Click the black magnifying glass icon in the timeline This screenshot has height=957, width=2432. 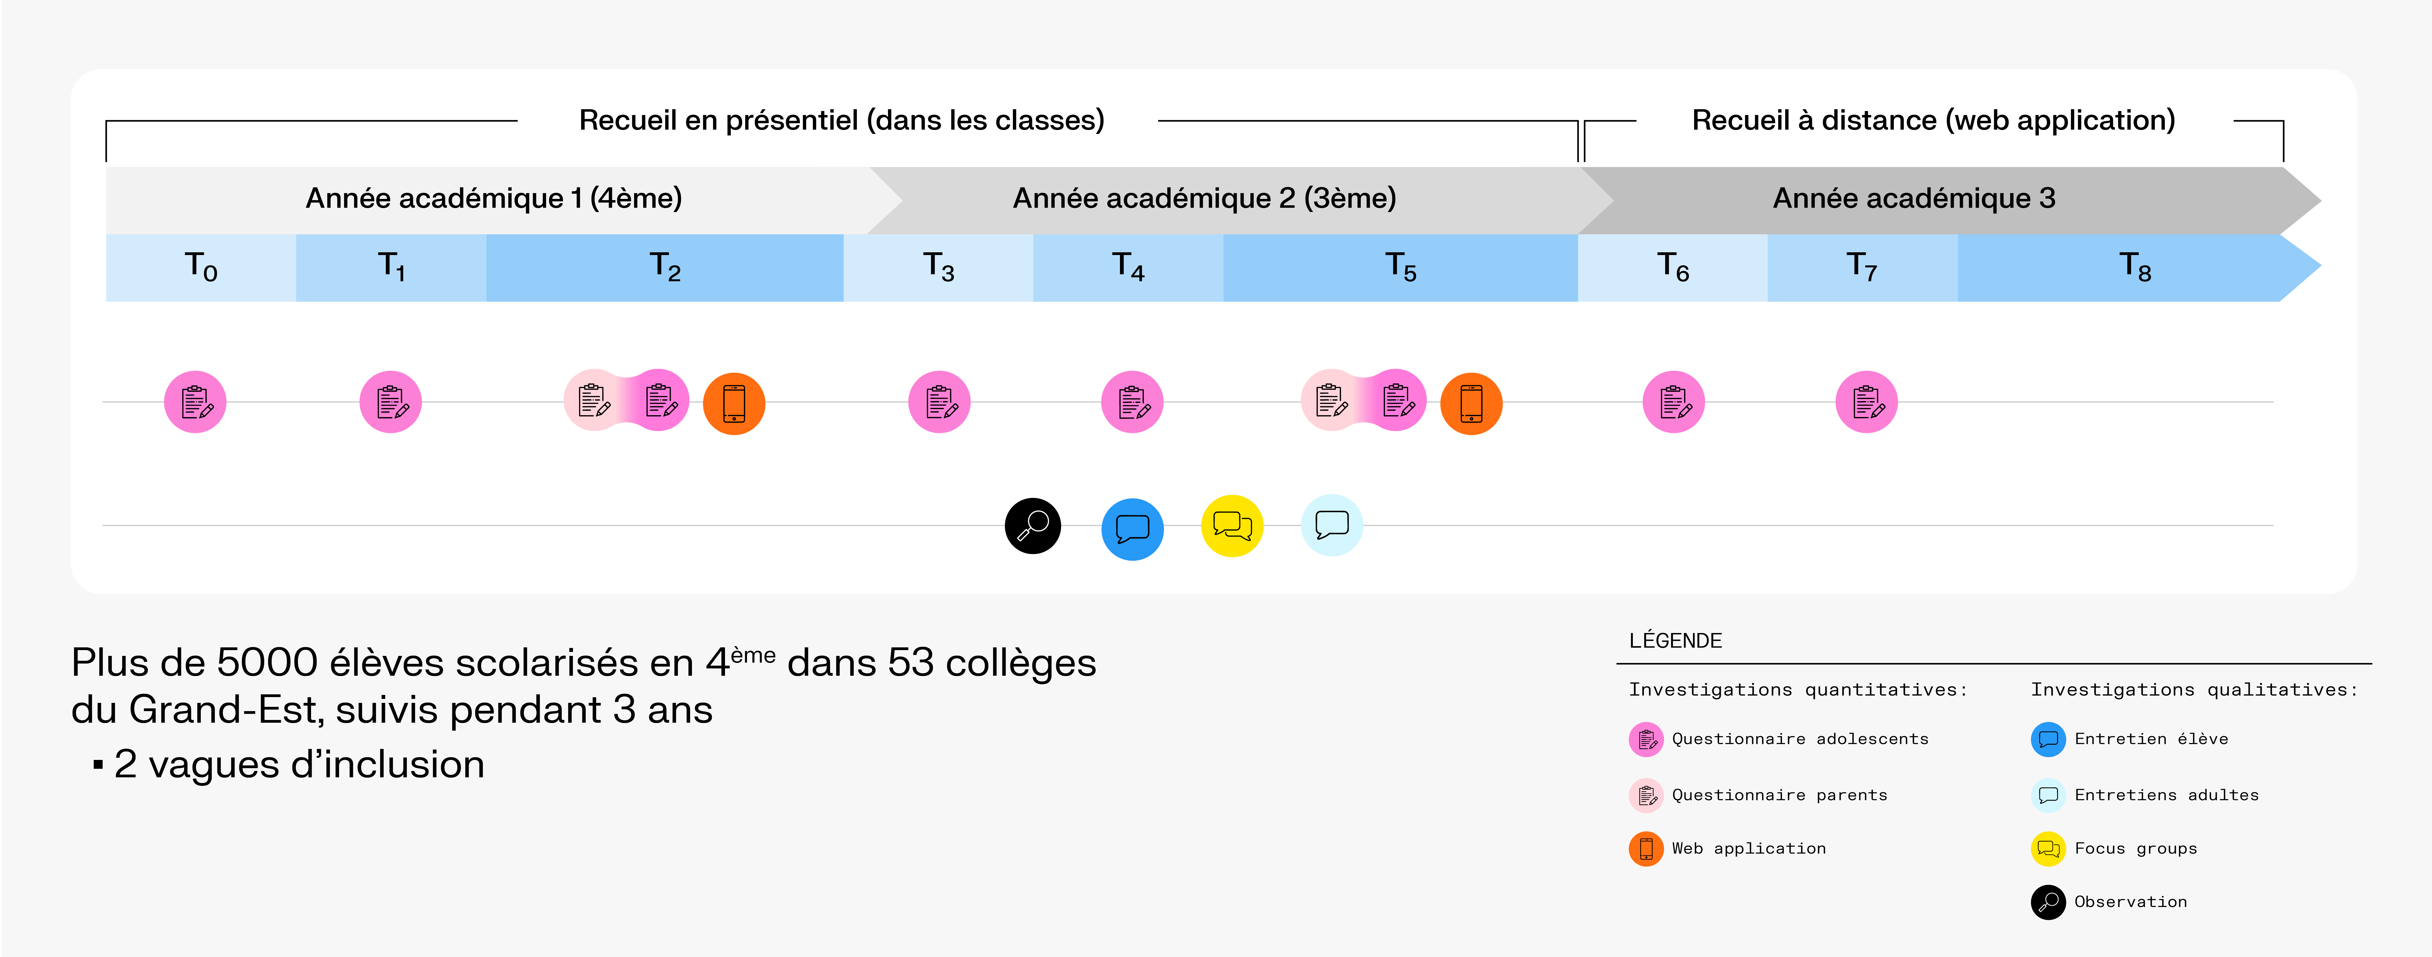(x=1033, y=526)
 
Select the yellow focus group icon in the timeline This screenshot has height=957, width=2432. (x=1232, y=526)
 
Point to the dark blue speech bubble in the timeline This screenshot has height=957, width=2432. (x=1132, y=528)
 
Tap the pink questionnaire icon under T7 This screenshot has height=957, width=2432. (x=1866, y=402)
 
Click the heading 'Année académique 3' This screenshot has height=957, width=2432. (x=1914, y=198)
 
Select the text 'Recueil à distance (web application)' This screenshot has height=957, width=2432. (x=1933, y=120)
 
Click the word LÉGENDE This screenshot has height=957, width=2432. (x=1675, y=641)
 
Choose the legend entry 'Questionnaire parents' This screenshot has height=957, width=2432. (x=1779, y=795)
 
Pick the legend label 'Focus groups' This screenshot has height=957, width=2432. (x=2136, y=848)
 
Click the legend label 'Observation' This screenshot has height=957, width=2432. (x=2130, y=901)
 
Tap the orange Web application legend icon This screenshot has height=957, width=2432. (x=1646, y=848)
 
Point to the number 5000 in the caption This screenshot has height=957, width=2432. (x=267, y=663)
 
